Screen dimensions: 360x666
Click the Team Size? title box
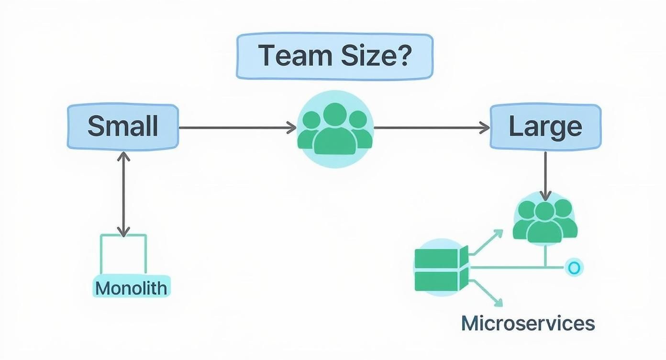point(334,56)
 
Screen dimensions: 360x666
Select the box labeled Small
point(123,127)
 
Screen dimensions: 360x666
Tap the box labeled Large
point(545,127)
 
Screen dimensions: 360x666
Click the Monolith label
point(131,288)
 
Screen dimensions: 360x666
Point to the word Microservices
point(528,324)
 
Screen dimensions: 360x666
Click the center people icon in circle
point(335,129)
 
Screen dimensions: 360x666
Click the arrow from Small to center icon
point(237,128)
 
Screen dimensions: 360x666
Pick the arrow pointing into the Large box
point(431,128)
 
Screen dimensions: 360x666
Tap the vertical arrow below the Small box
point(123,194)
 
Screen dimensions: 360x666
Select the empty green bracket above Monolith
point(123,254)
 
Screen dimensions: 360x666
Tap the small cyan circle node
point(574,268)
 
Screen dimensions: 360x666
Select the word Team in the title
point(290,56)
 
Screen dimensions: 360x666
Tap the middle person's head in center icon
point(335,114)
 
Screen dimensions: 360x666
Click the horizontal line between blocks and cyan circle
point(517,268)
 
